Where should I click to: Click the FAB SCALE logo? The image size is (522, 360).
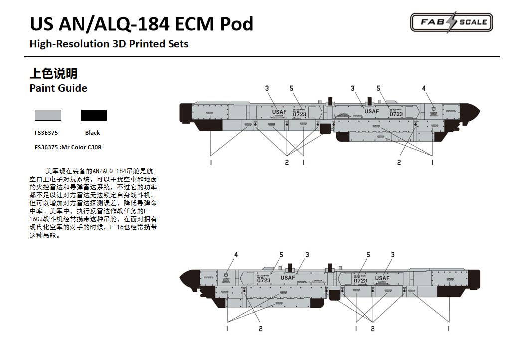tap(451, 22)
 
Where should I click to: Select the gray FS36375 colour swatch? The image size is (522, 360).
tap(48, 115)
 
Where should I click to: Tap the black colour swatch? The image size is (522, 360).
tap(94, 115)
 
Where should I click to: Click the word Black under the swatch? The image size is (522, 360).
tap(92, 133)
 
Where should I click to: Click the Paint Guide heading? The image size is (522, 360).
tap(58, 88)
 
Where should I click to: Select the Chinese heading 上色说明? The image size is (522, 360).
tap(53, 74)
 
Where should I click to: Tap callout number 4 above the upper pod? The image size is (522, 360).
tap(424, 89)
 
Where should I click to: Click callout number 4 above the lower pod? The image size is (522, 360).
tap(236, 255)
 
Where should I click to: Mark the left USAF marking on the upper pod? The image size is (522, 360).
tap(279, 112)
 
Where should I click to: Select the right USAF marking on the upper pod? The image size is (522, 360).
tap(371, 111)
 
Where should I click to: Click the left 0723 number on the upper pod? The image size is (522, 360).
tap(299, 114)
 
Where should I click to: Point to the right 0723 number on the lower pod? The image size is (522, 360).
tap(360, 281)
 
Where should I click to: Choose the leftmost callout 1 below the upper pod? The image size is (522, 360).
tap(211, 162)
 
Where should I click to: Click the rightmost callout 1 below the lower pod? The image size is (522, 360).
tap(448, 328)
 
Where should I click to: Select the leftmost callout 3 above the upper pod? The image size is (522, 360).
tap(267, 89)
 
